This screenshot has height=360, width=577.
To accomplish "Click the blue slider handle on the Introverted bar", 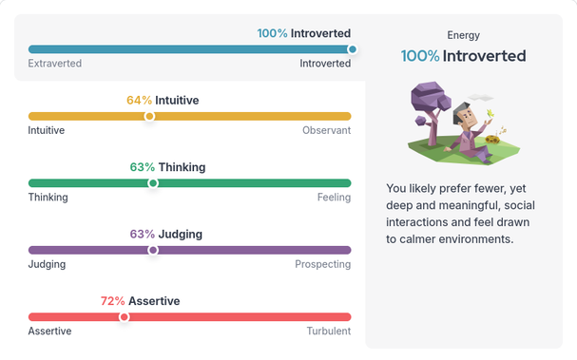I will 353,48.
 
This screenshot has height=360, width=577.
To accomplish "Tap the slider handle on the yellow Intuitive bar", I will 149,116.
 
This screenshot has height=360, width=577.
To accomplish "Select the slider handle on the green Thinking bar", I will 152,183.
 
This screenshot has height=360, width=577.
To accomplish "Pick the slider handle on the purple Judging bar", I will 153,250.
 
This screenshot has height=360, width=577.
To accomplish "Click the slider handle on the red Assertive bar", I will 124,317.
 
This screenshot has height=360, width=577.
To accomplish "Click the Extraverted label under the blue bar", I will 54,64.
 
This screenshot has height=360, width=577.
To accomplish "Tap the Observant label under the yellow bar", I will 326,130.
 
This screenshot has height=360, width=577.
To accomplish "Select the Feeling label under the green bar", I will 334,198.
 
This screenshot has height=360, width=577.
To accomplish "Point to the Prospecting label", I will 322,264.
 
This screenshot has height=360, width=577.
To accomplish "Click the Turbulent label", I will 328,332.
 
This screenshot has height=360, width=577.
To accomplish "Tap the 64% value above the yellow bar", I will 139,100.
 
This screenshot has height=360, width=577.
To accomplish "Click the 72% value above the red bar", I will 113,301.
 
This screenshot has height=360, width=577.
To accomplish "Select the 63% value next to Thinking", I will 143,167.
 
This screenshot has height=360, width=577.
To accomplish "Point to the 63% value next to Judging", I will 143,234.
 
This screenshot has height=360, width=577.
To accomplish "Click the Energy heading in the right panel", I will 463,35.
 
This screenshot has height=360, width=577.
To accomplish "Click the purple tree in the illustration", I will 430,104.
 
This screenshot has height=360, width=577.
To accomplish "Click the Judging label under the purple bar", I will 47,264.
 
